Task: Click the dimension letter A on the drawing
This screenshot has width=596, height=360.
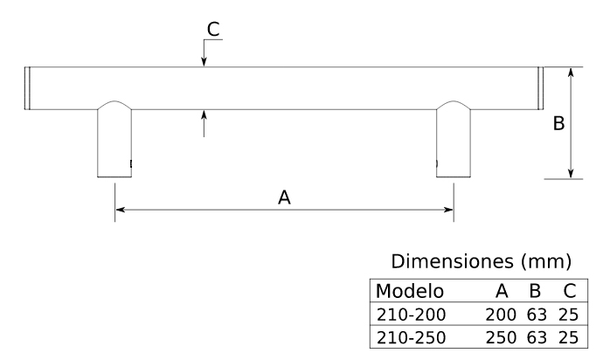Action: (284, 198)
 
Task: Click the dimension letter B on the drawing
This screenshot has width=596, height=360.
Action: (558, 124)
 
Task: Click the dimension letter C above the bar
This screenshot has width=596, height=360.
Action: (213, 29)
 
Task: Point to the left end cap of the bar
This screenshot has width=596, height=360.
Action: (27, 87)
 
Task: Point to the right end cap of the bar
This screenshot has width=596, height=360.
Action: (539, 87)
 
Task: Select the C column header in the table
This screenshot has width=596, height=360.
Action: (568, 291)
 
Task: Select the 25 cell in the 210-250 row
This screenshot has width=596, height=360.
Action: (568, 336)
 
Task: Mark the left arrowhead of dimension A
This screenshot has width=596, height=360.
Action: (120, 210)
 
